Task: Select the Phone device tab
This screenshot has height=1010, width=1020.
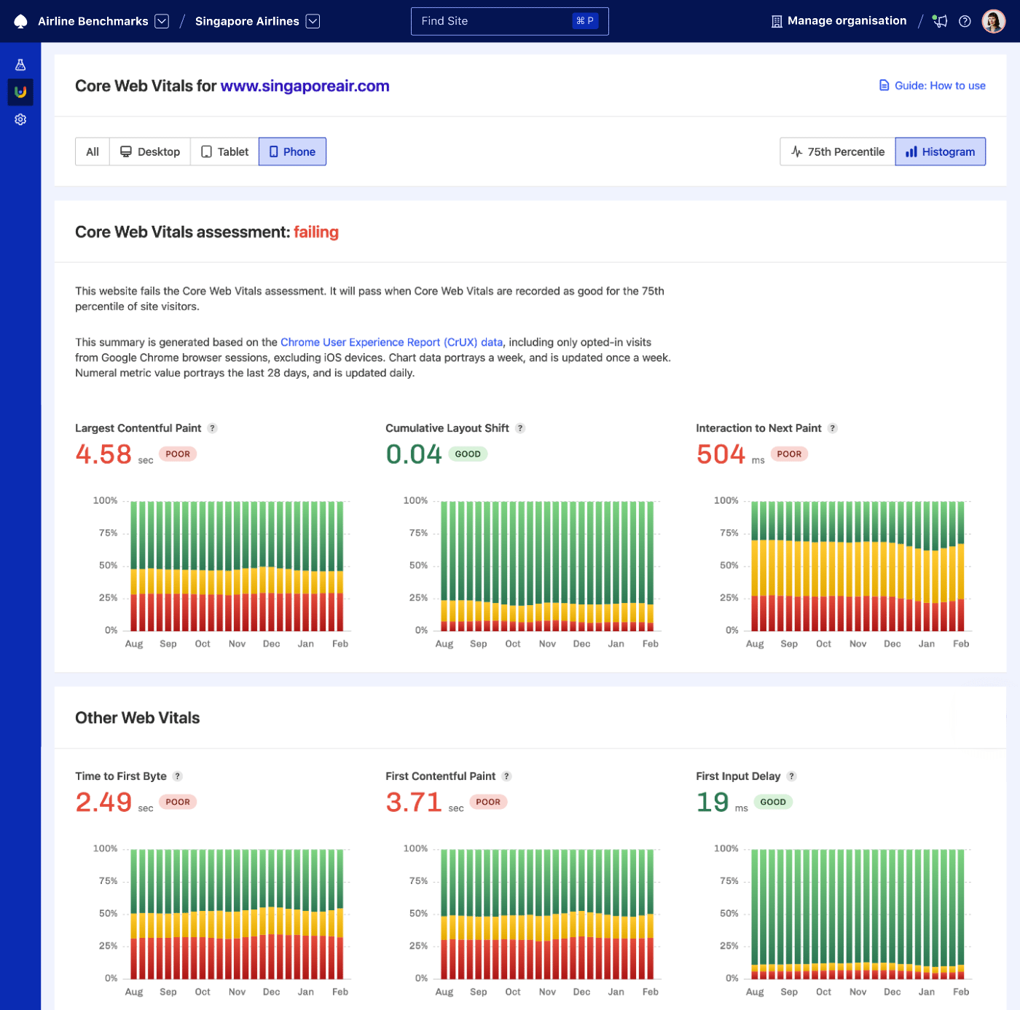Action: (x=292, y=151)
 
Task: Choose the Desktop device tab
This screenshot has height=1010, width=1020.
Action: (x=150, y=151)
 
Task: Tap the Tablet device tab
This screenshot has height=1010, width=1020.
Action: (x=224, y=151)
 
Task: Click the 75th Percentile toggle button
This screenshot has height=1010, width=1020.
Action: (x=838, y=151)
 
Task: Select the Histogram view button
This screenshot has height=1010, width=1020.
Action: (x=940, y=151)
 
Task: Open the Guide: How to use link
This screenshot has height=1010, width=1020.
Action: (x=932, y=86)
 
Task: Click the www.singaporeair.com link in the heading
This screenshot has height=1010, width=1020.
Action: (x=305, y=86)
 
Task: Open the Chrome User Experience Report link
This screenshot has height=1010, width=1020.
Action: (x=391, y=342)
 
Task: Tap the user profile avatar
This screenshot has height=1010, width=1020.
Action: (x=993, y=21)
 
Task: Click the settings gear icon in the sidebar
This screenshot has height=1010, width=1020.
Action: (x=20, y=119)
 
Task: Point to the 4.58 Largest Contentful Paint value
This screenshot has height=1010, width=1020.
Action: (x=103, y=454)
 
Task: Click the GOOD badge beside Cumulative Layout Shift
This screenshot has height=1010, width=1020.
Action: (x=468, y=454)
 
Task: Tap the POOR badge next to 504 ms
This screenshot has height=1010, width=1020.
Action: (x=789, y=454)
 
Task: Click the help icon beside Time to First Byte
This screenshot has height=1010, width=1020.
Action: (x=178, y=776)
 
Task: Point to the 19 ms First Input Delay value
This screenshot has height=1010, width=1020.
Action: (x=713, y=802)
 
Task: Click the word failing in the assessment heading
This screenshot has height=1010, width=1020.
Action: (x=316, y=232)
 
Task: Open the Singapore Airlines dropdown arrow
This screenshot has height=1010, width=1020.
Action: (x=313, y=21)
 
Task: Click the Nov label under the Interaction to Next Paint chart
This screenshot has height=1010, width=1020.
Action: (x=858, y=644)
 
